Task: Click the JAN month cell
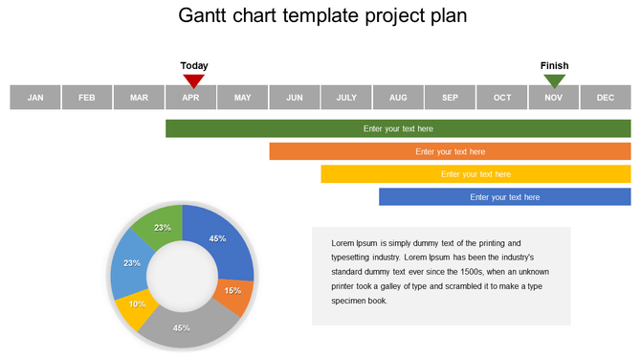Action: [x=35, y=97]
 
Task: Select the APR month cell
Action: [x=190, y=97]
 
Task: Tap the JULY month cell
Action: [x=346, y=97]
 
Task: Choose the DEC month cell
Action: [x=606, y=97]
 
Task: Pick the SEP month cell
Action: [x=450, y=97]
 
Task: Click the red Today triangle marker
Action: [x=194, y=80]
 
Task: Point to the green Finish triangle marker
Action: [x=555, y=80]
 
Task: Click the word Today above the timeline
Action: [x=194, y=66]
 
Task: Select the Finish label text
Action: [x=555, y=66]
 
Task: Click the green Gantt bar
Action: [x=398, y=128]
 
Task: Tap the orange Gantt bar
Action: [x=450, y=151]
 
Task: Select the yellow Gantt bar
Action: [x=475, y=174]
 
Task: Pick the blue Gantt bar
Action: [x=504, y=197]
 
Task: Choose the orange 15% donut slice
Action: [x=232, y=292]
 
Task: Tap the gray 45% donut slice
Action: [x=182, y=327]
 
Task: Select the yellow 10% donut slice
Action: [x=138, y=306]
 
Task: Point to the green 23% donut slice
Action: [x=160, y=225]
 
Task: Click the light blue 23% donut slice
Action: [x=129, y=265]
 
